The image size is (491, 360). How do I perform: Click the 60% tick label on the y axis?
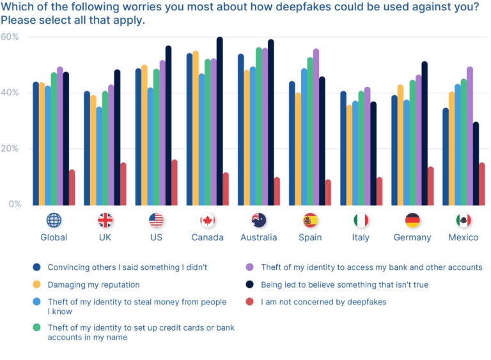(x=10, y=37)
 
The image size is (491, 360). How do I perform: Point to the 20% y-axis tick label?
(x=10, y=148)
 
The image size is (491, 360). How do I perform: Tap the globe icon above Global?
(x=54, y=221)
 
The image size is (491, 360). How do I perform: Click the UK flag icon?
(x=105, y=221)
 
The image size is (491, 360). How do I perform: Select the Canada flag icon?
(x=207, y=221)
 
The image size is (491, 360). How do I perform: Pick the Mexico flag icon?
(x=464, y=221)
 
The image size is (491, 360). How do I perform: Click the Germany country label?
(x=412, y=237)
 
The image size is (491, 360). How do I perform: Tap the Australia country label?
(x=259, y=237)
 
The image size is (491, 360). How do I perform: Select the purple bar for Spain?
(x=316, y=127)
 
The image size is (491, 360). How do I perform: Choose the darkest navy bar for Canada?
(x=220, y=121)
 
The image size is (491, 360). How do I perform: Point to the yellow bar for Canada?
(x=196, y=129)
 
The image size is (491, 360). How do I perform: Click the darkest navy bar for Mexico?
(x=476, y=164)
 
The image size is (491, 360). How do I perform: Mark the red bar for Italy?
(x=379, y=191)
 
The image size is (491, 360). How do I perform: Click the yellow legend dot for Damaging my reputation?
(x=36, y=285)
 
